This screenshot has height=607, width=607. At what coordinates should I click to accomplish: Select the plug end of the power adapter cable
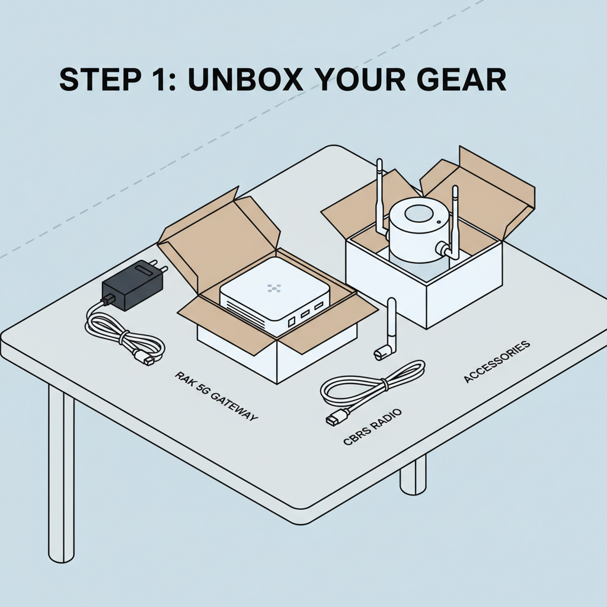click(x=144, y=357)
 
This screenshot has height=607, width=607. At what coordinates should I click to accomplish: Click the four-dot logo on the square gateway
click(x=273, y=287)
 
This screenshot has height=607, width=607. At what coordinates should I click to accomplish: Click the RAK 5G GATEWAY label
click(x=216, y=396)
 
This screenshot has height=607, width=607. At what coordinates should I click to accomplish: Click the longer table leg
click(x=60, y=474)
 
